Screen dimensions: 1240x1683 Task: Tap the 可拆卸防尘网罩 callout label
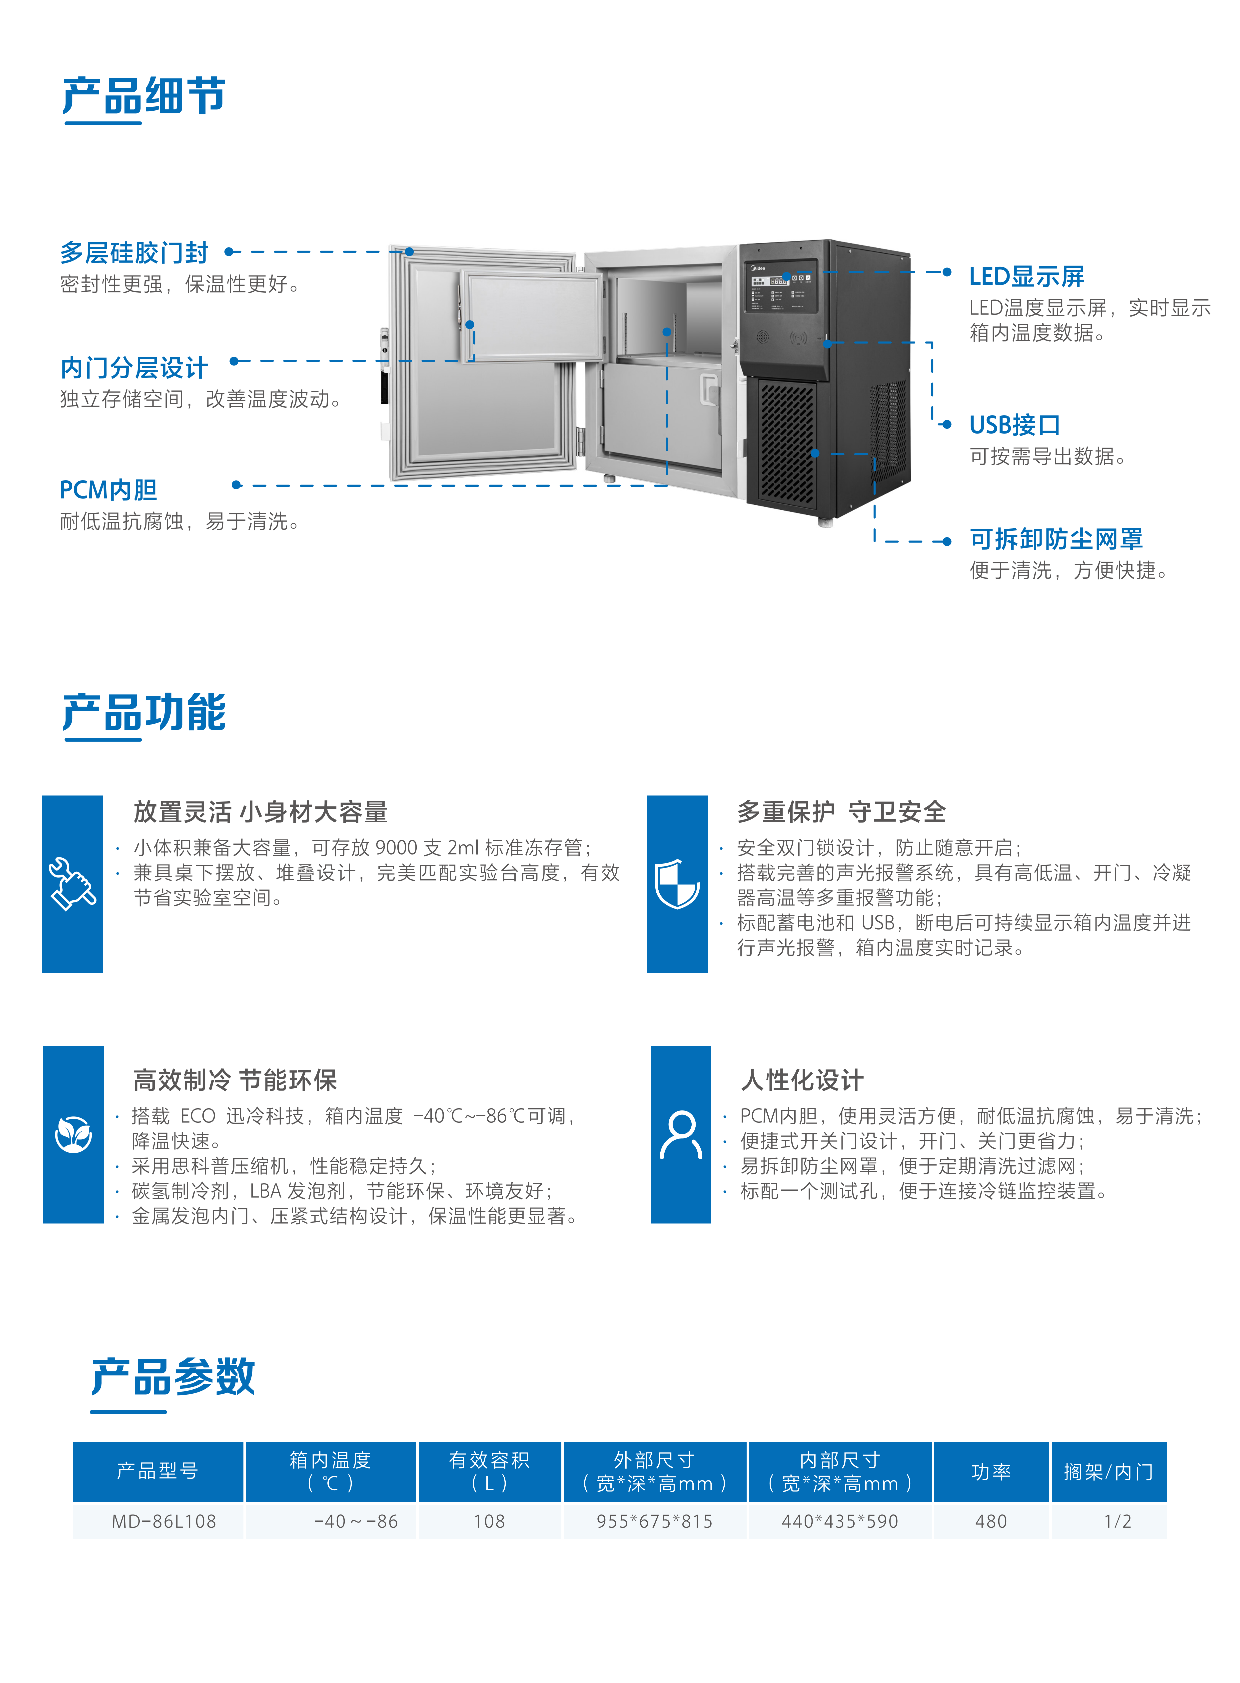point(1056,539)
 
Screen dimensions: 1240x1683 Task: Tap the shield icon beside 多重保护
point(677,883)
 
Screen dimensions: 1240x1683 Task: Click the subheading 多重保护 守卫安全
point(841,811)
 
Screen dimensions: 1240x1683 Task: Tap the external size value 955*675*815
point(655,1521)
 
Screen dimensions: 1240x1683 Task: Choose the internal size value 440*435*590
point(840,1521)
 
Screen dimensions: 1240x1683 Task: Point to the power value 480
point(991,1521)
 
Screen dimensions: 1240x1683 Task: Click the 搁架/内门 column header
point(1109,1471)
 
